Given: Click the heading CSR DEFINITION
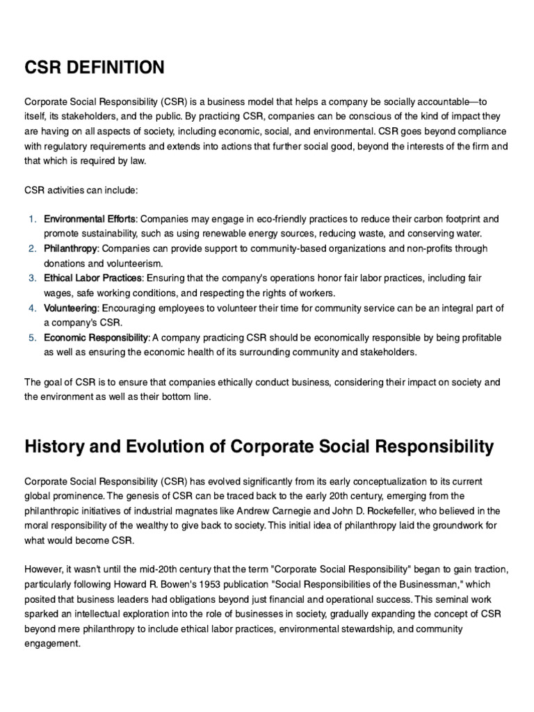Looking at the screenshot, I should pos(95,67).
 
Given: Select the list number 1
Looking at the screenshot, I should pos(32,219).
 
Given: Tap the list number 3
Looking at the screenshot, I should pos(32,278).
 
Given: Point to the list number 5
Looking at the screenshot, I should pos(32,337).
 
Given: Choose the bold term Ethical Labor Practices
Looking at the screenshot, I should pos(93,278).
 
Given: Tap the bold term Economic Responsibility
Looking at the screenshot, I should pos(96,337).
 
